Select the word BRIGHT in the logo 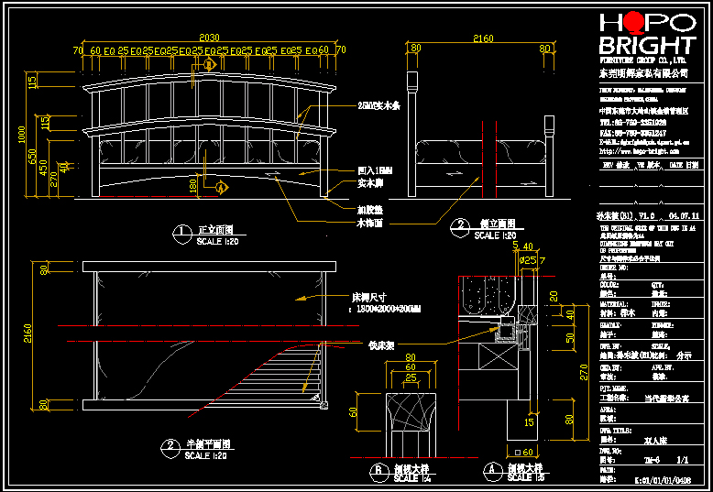click(x=646, y=47)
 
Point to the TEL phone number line click(x=632, y=122)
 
